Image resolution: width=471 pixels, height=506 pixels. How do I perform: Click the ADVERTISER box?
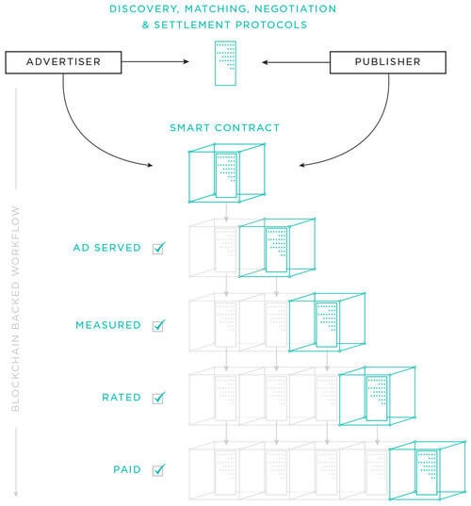click(x=63, y=62)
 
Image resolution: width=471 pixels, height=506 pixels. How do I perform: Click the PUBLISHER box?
click(x=388, y=62)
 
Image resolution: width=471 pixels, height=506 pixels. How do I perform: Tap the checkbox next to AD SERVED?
click(x=158, y=248)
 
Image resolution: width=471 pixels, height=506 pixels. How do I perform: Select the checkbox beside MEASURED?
click(x=158, y=325)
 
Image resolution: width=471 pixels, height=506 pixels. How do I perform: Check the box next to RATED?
click(x=158, y=398)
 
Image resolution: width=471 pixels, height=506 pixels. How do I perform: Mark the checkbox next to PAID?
click(x=158, y=470)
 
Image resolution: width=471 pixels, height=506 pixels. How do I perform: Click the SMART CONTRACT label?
click(x=224, y=128)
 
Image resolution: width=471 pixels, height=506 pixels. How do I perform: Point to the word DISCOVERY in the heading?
click(x=144, y=8)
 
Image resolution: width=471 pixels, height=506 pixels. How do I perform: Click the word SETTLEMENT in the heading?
click(x=192, y=24)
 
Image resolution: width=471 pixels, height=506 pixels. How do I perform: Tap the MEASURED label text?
click(x=108, y=325)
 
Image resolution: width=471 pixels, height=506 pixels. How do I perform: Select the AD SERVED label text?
click(x=107, y=248)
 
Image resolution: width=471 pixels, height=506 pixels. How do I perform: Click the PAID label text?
click(x=127, y=469)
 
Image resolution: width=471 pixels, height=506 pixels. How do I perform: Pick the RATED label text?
click(x=122, y=398)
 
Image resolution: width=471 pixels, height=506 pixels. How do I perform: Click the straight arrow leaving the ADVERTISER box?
click(x=155, y=61)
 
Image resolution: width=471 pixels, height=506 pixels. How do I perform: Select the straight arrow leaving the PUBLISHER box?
click(x=296, y=62)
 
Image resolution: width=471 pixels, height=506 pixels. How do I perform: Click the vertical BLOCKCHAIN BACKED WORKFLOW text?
click(x=15, y=309)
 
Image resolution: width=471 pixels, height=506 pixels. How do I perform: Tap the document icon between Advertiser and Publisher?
click(x=225, y=63)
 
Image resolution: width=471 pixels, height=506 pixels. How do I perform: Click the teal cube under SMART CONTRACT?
click(x=227, y=173)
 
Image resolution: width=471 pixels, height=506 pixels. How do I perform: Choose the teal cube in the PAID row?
click(x=428, y=470)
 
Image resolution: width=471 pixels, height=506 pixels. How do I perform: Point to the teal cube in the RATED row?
click(x=377, y=396)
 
